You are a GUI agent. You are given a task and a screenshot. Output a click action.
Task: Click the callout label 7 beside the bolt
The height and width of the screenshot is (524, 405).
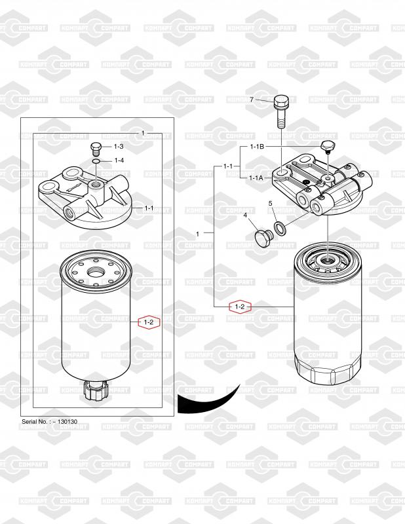pyautogui.click(x=252, y=100)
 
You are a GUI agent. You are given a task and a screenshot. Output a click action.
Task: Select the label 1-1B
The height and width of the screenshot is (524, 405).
pyautogui.click(x=257, y=146)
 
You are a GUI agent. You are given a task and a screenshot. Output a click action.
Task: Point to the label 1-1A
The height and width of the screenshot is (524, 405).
pyautogui.click(x=256, y=178)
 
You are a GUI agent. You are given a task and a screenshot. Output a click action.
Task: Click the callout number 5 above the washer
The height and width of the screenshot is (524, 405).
pyautogui.click(x=271, y=203)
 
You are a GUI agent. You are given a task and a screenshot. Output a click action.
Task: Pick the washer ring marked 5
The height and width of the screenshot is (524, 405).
pyautogui.click(x=280, y=229)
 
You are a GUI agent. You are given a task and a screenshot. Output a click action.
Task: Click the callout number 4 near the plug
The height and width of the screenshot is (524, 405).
pyautogui.click(x=245, y=215)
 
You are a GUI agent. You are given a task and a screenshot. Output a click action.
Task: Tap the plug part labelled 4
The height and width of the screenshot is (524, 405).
pyautogui.click(x=264, y=238)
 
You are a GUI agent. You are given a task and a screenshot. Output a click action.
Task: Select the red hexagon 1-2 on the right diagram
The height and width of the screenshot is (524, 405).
pyautogui.click(x=240, y=307)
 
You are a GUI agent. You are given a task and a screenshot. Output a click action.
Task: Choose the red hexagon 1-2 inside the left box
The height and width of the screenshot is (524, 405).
pyautogui.click(x=149, y=322)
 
